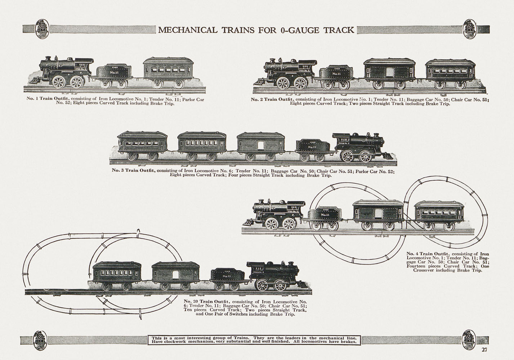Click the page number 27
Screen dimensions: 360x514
point(484,349)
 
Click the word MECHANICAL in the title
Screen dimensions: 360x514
point(187,30)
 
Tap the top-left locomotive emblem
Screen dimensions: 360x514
point(43,29)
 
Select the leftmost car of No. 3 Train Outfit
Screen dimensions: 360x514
point(143,146)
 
